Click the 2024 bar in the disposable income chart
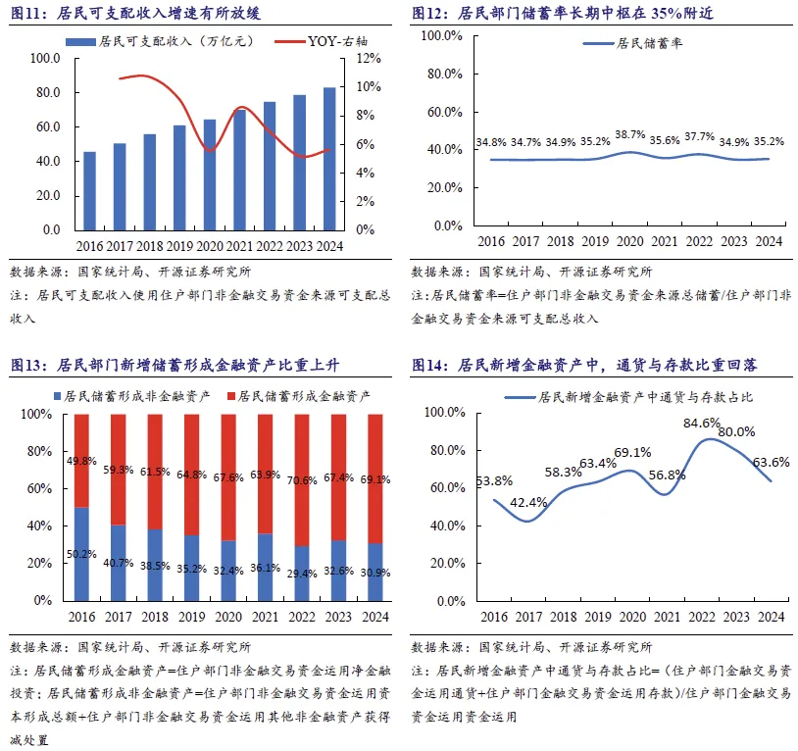[329, 159]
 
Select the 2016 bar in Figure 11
[89, 191]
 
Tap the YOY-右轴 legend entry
[322, 41]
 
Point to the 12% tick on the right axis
[369, 59]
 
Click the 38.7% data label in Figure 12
[630, 135]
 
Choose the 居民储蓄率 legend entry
[632, 43]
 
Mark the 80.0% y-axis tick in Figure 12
[445, 74]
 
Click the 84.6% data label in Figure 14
[702, 423]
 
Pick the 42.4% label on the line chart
[528, 503]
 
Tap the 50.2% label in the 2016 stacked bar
[81, 554]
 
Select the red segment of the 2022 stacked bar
[302, 479]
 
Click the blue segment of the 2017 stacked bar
[119, 563]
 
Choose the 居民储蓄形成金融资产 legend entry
[299, 396]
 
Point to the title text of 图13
[175, 365]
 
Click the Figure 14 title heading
[584, 365]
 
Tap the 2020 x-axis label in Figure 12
[630, 241]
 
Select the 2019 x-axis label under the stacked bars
[192, 617]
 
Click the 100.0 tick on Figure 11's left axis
[45, 59]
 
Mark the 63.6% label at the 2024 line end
[771, 462]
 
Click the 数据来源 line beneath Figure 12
[531, 272]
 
